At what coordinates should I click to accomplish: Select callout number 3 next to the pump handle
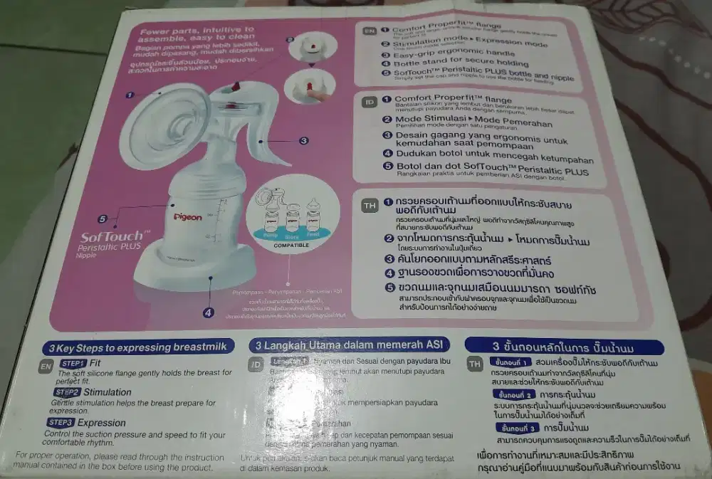(303, 141)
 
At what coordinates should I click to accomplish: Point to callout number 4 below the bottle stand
(208, 312)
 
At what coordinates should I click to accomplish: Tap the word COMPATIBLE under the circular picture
(291, 244)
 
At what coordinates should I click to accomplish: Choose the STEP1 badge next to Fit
(73, 363)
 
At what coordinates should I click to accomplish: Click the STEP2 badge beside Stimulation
(66, 392)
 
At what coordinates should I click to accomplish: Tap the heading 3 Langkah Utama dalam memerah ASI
(348, 345)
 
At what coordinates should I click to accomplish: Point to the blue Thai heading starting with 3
(563, 347)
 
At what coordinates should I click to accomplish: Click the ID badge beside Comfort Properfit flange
(370, 102)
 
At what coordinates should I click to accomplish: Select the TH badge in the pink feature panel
(370, 206)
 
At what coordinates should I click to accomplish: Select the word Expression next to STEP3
(102, 423)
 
